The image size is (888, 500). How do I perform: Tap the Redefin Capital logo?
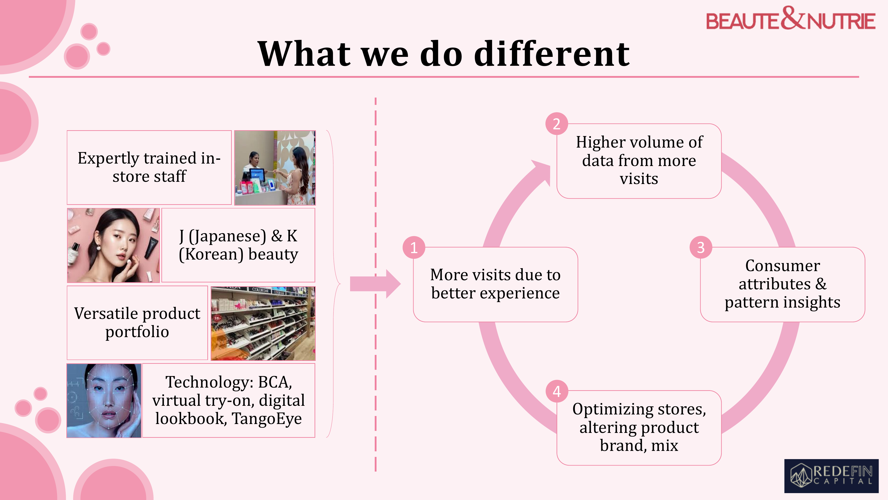831,476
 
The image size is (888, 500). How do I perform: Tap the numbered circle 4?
557,391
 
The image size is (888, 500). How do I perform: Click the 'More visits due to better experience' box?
495,284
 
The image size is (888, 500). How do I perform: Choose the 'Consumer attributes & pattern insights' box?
783,284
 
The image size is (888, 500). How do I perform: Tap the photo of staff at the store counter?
275,168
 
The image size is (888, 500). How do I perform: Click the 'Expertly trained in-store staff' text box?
149,167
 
